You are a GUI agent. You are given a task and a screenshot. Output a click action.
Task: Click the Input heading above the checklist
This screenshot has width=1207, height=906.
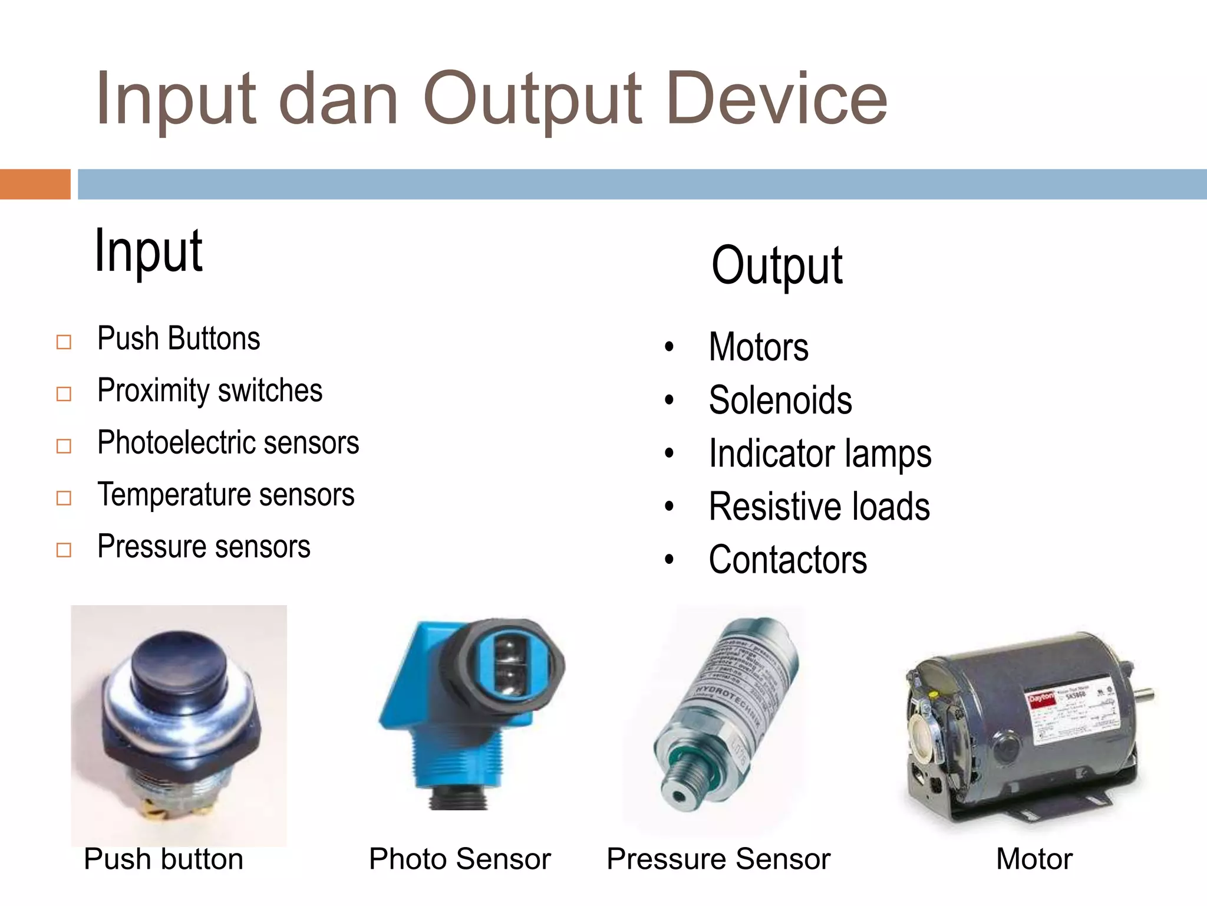point(149,251)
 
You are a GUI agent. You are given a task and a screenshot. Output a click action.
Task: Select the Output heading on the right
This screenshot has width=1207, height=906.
point(777,266)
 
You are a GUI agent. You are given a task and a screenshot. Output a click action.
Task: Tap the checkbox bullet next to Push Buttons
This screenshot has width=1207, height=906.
point(64,342)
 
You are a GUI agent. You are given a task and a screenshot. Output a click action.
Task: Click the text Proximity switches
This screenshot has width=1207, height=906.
point(210,390)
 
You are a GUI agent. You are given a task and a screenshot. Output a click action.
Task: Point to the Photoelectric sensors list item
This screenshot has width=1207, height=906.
point(228,442)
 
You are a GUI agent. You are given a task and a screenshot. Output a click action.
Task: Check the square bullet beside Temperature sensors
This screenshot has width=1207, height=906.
point(64,498)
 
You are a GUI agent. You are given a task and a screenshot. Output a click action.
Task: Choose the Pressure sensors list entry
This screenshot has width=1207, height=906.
point(204,547)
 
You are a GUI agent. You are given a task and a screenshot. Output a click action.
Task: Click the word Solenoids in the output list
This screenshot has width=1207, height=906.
point(780,401)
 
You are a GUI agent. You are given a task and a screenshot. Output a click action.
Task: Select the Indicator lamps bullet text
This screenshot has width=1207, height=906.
point(820,454)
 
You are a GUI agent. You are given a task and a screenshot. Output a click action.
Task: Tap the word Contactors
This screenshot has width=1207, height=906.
point(787,560)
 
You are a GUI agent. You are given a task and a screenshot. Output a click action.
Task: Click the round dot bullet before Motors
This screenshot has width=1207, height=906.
point(669,347)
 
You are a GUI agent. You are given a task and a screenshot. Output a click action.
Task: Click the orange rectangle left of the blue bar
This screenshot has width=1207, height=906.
point(35,184)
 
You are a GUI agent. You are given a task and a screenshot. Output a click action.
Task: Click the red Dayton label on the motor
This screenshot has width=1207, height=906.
point(1041,699)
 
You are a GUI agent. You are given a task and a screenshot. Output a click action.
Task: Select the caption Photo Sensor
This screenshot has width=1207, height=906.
point(460,859)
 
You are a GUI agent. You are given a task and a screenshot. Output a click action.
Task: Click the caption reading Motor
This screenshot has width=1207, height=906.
point(1034,859)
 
